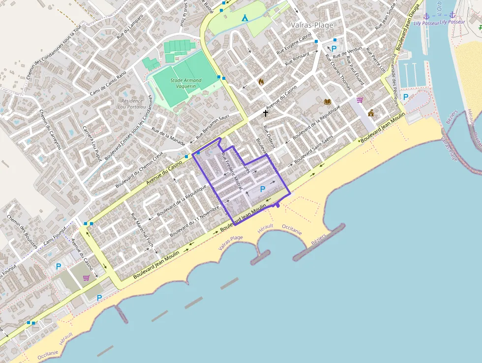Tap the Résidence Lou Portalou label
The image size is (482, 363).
[x=131, y=103]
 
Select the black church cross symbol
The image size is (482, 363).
[x=266, y=113]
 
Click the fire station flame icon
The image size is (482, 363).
[x=261, y=82]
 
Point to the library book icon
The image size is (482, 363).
[x=328, y=101]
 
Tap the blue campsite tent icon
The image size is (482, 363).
[x=245, y=18]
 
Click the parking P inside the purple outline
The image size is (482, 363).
[x=263, y=189]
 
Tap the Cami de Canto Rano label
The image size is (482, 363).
[x=108, y=83]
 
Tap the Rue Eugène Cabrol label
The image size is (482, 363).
[x=294, y=44]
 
